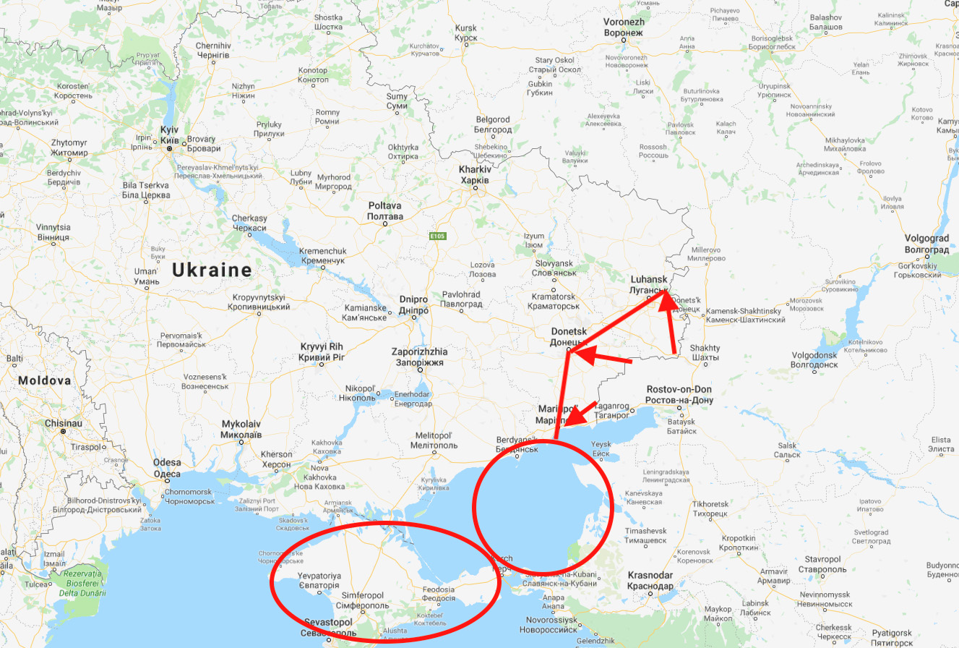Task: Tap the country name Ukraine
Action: (212, 270)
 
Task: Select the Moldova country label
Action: (45, 380)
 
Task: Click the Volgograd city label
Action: (926, 244)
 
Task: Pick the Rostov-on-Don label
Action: (679, 394)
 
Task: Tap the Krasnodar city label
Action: (650, 580)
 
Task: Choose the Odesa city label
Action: (167, 468)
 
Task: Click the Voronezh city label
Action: (624, 27)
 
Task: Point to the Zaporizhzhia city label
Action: (419, 357)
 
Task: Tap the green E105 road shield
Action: (437, 236)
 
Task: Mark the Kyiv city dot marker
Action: (169, 148)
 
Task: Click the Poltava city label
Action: (384, 210)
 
